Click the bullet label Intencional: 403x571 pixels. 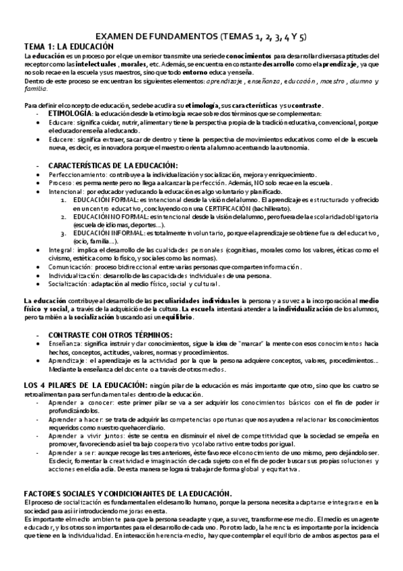coord(67,191)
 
